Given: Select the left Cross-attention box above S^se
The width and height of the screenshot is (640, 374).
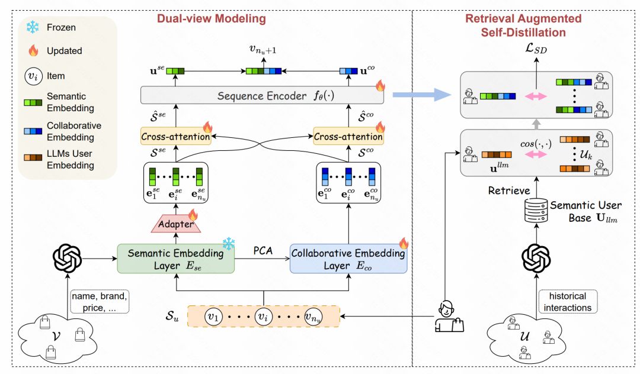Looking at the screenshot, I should tap(175, 137).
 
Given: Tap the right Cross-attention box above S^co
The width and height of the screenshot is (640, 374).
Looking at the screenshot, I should tap(348, 137).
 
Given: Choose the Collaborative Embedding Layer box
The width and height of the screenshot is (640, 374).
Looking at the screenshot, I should tap(348, 259).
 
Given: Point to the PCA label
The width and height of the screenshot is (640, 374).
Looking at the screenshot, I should tap(263, 250).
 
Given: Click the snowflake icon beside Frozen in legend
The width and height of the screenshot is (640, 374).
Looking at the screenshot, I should tap(33, 28).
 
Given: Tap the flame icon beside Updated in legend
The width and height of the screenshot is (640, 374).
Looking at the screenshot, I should tap(33, 51).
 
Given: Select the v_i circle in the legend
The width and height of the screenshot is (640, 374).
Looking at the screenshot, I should tap(33, 76).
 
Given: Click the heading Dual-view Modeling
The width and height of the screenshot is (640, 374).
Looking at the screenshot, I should tap(211, 18).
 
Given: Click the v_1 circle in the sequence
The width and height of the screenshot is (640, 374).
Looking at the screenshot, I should tap(213, 317).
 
